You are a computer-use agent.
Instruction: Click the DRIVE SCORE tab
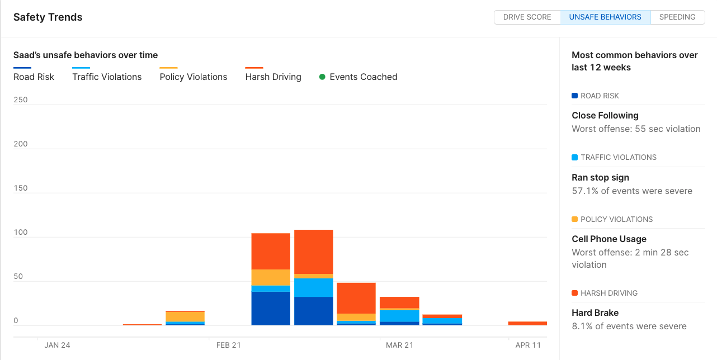(x=527, y=17)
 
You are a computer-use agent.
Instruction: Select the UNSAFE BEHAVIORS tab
(x=605, y=17)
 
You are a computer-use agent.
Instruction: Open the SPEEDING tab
(x=677, y=17)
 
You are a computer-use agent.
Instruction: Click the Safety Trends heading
(x=48, y=17)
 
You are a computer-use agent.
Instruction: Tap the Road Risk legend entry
(x=34, y=77)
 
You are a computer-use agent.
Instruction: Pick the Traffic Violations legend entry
(x=107, y=77)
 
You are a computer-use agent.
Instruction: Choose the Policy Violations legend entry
(x=194, y=77)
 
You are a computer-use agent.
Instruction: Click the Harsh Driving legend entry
(x=273, y=77)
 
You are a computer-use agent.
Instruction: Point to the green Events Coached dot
(x=322, y=77)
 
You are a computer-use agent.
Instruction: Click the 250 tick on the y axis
(x=20, y=100)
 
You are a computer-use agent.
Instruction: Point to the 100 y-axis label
(x=20, y=233)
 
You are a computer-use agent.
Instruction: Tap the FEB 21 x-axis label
(x=228, y=345)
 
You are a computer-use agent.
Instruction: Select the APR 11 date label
(x=528, y=345)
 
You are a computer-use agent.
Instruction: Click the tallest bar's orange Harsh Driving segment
(x=313, y=252)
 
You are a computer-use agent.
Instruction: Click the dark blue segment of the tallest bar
(x=313, y=311)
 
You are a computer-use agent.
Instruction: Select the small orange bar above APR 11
(x=527, y=323)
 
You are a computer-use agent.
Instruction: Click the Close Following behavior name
(x=605, y=116)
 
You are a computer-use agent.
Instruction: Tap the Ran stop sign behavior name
(x=600, y=178)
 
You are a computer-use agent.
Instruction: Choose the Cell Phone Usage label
(x=608, y=239)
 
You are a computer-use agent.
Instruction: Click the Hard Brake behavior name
(x=595, y=313)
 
